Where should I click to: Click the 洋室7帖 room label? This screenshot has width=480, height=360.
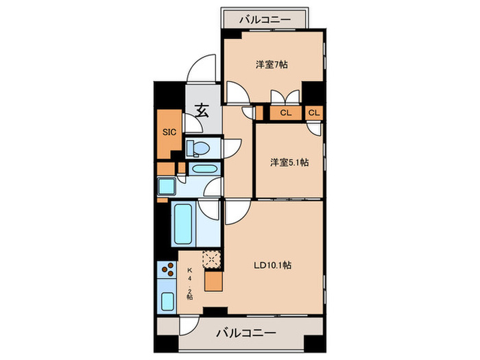[x=272, y=65]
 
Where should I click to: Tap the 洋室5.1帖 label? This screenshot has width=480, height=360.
[x=289, y=163]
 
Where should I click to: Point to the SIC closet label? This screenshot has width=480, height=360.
[x=168, y=132]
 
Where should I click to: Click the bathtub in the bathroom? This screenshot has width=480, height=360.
[x=183, y=224]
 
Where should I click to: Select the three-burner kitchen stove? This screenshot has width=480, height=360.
[x=167, y=270]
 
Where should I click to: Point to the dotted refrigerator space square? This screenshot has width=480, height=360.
[x=212, y=259]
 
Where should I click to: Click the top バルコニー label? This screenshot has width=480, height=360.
[x=264, y=19]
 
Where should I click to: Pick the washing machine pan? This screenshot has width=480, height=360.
[x=167, y=186]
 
